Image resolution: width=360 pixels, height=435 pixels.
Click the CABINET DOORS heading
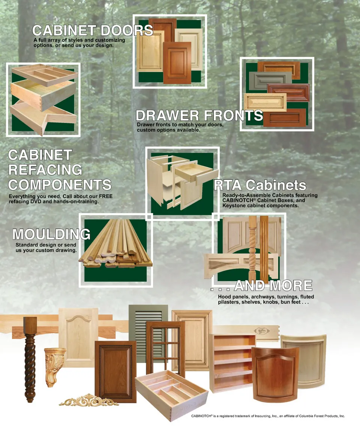(93, 30)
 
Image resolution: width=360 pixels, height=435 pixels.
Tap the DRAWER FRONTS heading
(199, 115)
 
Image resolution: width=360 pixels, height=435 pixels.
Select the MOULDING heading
(52, 234)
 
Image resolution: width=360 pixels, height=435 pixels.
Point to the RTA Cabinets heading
(260, 185)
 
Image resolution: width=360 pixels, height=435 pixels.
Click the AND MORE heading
(273, 285)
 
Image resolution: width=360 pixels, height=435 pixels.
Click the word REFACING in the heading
(45, 170)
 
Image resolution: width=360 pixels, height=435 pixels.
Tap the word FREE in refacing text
(106, 196)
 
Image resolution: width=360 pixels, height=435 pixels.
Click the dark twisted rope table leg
(30, 360)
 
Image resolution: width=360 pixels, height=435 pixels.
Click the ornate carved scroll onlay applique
(89, 400)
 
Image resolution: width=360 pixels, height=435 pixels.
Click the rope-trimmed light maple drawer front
(265, 102)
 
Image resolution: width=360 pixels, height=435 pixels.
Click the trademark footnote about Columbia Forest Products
(268, 416)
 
